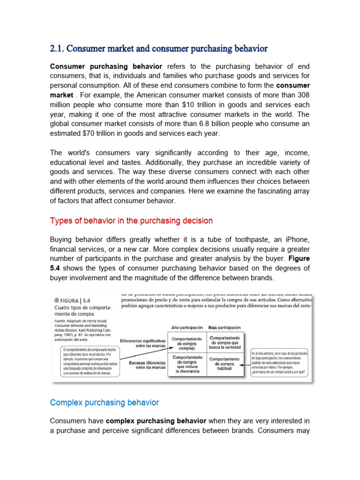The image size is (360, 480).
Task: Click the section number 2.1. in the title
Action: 59,48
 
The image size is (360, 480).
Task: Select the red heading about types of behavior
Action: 131,220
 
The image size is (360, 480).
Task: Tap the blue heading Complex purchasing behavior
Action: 105,402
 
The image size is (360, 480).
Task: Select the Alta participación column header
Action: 187,328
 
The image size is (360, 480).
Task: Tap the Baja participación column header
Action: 224,328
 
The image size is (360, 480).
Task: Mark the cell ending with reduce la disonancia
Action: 187,364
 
